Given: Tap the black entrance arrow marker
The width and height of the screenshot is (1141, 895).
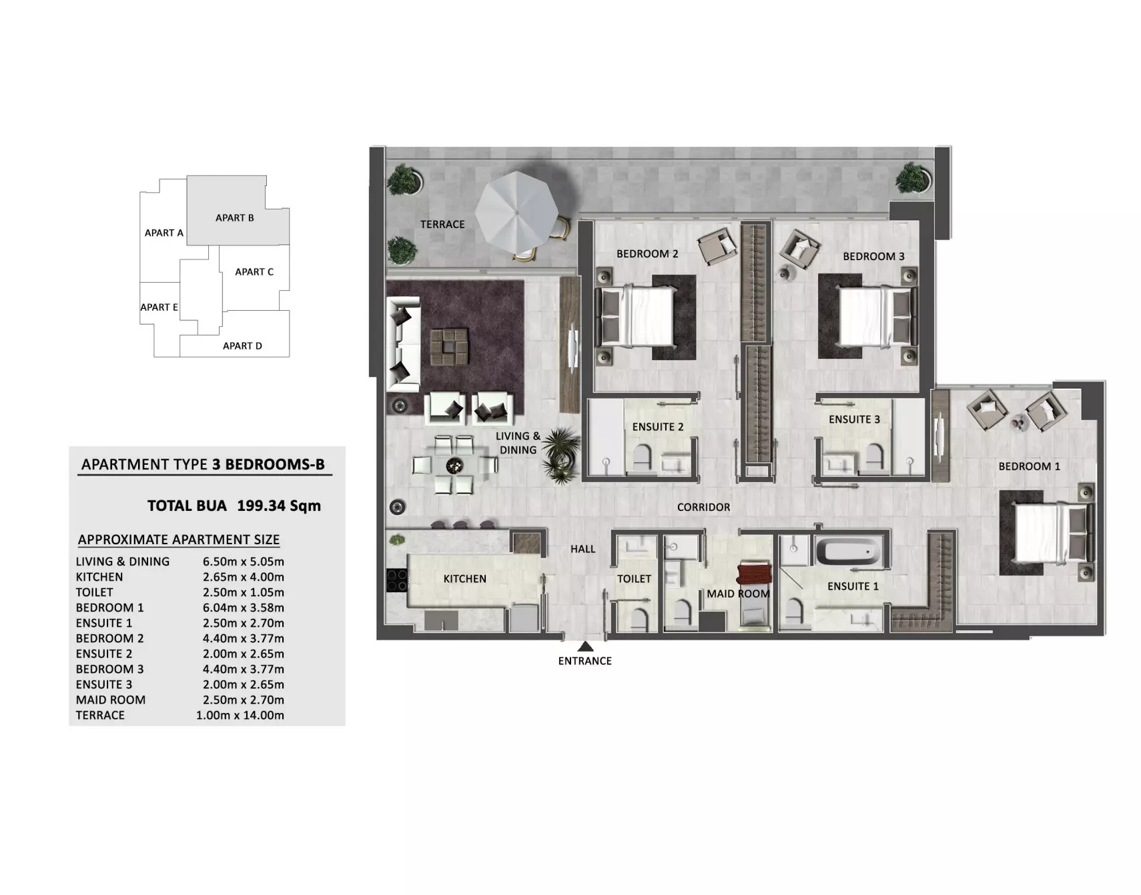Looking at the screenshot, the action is (585, 646).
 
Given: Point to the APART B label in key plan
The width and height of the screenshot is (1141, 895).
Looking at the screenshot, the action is (235, 217).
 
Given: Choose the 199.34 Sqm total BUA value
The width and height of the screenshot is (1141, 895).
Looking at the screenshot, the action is (279, 506).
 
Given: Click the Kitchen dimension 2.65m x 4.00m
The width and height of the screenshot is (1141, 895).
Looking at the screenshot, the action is (244, 577).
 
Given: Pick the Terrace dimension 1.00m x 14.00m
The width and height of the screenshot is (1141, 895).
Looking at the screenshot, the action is (240, 715).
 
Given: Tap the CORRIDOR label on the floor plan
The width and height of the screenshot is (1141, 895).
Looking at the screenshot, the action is (703, 507).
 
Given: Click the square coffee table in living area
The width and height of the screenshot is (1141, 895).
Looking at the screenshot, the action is (450, 346).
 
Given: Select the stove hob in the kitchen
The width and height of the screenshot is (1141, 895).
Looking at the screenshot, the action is (397, 580).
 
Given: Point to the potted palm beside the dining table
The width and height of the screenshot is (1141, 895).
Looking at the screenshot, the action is (559, 455).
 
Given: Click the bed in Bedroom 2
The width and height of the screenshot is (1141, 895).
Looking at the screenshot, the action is (637, 316).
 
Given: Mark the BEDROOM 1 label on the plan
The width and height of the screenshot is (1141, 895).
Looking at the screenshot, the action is (1029, 466).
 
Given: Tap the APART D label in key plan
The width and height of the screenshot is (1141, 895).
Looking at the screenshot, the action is (242, 345).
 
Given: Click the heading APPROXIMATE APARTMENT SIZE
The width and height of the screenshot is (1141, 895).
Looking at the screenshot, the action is (179, 540).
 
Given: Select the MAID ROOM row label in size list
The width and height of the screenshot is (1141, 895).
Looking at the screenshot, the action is (111, 700).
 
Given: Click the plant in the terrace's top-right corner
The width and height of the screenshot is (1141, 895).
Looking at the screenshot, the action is (912, 178).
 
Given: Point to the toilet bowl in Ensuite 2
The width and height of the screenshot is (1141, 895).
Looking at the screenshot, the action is (641, 457).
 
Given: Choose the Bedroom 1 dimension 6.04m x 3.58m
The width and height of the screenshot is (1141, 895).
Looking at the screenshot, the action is (244, 608).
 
